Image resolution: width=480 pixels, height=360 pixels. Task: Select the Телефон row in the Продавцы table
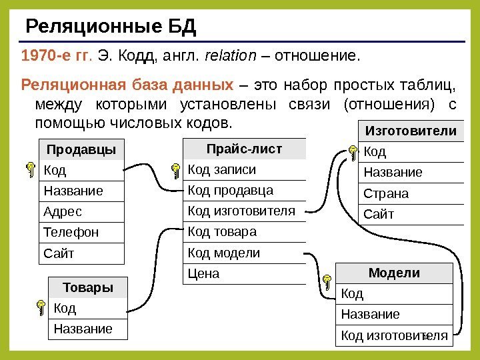coord(82,233)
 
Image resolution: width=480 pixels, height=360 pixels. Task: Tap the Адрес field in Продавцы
coord(82,212)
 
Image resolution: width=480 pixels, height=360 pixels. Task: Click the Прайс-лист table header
coord(245,149)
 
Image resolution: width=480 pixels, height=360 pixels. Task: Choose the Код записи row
coord(245,169)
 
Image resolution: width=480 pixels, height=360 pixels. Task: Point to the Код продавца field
coord(245,191)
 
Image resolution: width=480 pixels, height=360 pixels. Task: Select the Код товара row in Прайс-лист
coord(245,232)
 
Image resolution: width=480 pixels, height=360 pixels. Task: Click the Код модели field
coord(245,253)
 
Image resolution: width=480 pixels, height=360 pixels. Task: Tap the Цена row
coord(245,274)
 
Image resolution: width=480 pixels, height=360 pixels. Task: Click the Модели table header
coord(394,273)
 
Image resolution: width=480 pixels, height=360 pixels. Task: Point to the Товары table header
coord(88,288)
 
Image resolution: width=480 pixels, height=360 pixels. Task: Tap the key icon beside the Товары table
coord(41,308)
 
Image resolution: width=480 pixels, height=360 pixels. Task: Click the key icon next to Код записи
coord(175,171)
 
